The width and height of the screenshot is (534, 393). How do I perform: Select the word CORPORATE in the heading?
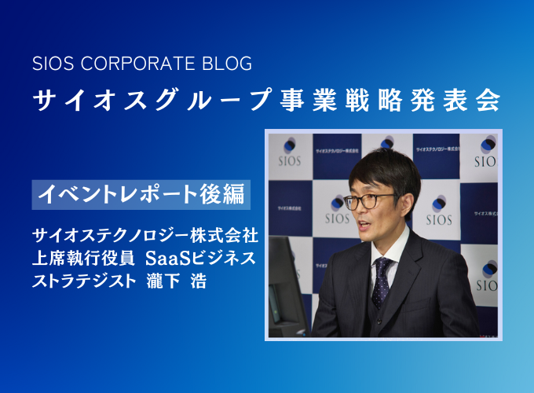137,64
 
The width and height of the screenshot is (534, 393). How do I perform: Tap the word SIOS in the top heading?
53,64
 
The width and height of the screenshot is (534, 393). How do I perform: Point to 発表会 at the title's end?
455,101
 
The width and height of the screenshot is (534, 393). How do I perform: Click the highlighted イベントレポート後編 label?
141,194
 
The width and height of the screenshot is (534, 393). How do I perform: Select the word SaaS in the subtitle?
167,258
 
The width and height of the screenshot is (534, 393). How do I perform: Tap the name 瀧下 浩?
177,281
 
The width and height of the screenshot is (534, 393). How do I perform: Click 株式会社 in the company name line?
224,236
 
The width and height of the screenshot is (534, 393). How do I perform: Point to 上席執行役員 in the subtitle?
83,258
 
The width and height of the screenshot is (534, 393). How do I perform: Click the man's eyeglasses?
368,201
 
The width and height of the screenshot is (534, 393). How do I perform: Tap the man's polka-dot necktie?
382,282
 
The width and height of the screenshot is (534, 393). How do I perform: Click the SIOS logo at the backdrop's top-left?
290,152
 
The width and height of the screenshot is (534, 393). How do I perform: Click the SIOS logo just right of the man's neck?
439,211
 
